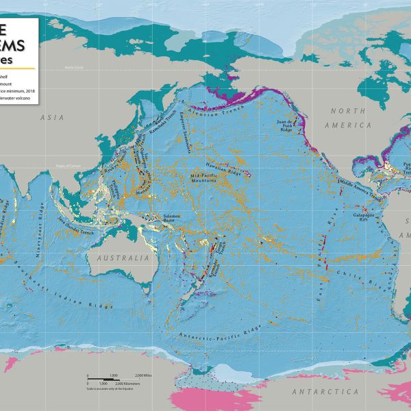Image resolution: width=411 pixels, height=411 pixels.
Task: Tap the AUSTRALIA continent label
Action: (123, 259)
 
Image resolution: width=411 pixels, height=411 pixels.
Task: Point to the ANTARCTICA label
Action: (325, 391)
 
